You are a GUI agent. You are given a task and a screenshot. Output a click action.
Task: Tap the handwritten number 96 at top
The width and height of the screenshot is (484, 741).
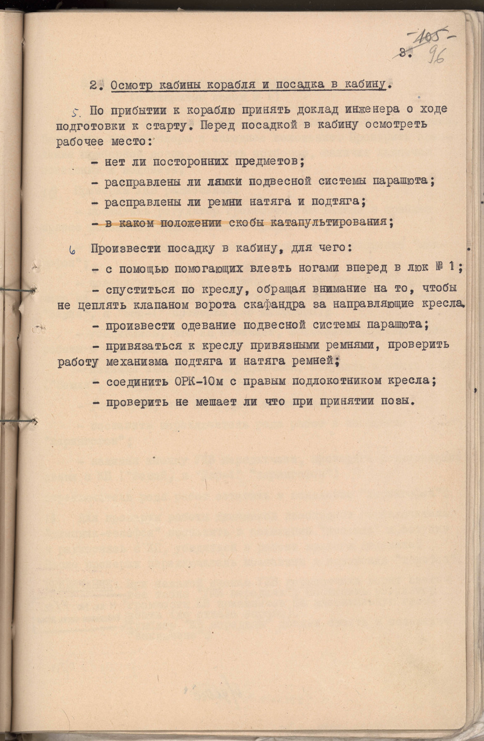(x=437, y=55)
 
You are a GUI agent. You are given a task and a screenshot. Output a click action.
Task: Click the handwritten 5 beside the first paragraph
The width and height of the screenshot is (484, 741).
(x=76, y=112)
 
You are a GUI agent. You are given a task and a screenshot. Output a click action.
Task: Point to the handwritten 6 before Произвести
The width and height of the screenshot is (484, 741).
(x=72, y=250)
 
